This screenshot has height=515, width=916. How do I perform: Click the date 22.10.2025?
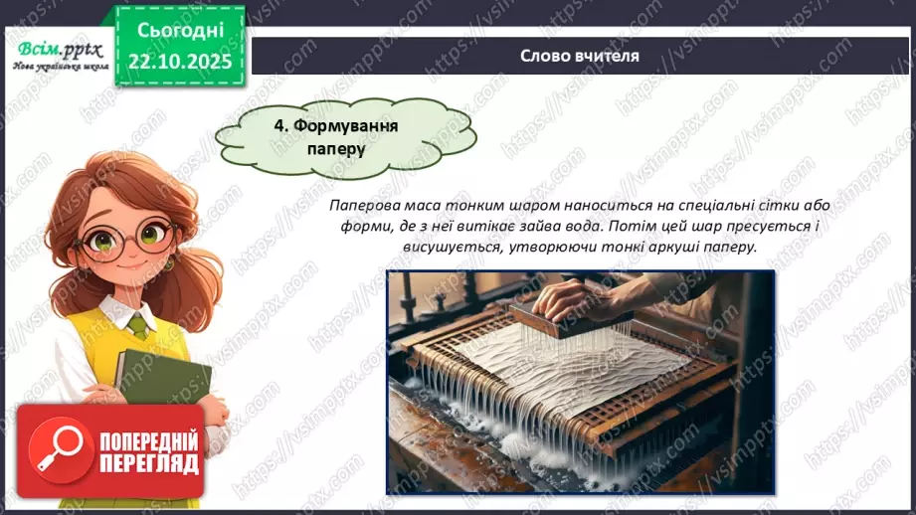tap(181, 62)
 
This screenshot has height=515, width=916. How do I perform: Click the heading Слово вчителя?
tap(580, 56)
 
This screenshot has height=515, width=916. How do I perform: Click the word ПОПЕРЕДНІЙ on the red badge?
tap(149, 440)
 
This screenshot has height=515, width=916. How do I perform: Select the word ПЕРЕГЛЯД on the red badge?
tap(149, 464)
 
